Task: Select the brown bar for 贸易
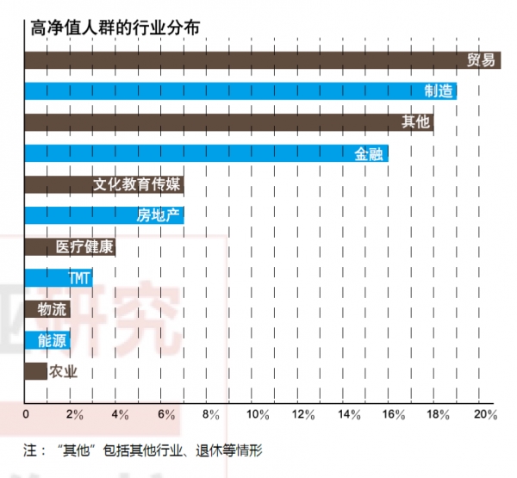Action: tap(258, 60)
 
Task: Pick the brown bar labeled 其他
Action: tap(228, 122)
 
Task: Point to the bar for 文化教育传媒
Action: tap(103, 185)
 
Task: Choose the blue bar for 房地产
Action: tap(103, 216)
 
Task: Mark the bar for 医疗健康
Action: tap(69, 247)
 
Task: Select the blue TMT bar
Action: tap(57, 278)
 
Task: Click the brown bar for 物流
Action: tap(47, 309)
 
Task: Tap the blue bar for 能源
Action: tap(47, 340)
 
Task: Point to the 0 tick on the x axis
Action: tap(26, 415)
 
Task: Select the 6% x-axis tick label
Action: tap(165, 415)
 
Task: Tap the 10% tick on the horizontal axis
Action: tap(258, 415)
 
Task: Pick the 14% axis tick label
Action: tap(349, 415)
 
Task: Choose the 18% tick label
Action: tap(440, 415)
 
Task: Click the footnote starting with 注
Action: tap(142, 450)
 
